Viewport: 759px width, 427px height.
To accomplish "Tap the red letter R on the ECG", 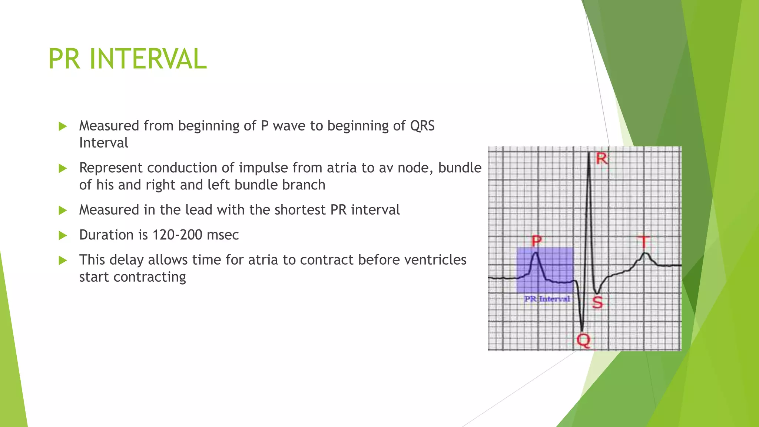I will click(602, 159).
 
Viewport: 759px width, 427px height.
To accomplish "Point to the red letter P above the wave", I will click(537, 241).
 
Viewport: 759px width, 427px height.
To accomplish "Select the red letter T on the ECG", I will click(644, 242).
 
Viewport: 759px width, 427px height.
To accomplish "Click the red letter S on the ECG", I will click(597, 302).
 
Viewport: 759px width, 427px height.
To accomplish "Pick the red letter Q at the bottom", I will click(583, 340).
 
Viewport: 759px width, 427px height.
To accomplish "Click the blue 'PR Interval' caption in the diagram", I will click(547, 299).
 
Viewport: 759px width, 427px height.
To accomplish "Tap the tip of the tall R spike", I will click(589, 153).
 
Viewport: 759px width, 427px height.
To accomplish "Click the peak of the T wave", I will click(646, 253).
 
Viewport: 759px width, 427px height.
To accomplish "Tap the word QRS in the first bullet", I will click(422, 126).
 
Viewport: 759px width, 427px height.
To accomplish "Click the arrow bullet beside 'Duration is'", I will click(63, 235).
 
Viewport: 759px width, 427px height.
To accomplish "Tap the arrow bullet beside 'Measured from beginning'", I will click(63, 126).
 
